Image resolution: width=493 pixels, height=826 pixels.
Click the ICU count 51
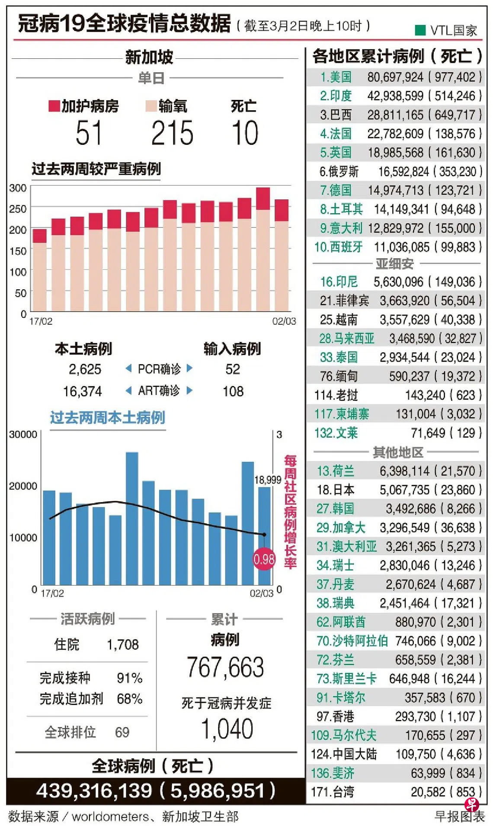89,133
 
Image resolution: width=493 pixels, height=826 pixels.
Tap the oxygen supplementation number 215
172,133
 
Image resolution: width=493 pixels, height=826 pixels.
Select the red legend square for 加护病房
54,106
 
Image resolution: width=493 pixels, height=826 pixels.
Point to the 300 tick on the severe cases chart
18,188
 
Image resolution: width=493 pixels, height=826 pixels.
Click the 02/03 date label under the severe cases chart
284,321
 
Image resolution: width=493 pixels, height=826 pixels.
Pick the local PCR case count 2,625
85,369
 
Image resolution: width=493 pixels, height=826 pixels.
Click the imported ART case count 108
233,391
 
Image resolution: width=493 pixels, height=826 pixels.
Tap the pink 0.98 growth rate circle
264,559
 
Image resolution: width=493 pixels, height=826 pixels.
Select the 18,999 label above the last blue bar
267,480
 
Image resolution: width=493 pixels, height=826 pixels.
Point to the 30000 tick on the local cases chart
23,435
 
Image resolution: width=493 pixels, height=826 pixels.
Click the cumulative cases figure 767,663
225,667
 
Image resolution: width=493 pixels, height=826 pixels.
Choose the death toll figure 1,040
227,729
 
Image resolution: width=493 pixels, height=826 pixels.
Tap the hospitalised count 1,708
123,645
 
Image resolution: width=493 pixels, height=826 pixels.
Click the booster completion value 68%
129,699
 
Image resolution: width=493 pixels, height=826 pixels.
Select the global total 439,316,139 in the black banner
94,791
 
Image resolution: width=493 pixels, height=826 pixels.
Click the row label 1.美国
336,77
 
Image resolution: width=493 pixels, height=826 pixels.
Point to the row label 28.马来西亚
346,338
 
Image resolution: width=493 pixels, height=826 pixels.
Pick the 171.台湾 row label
332,792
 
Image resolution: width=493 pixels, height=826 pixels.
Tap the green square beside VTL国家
420,30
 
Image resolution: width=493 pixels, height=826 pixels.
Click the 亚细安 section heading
394,263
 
